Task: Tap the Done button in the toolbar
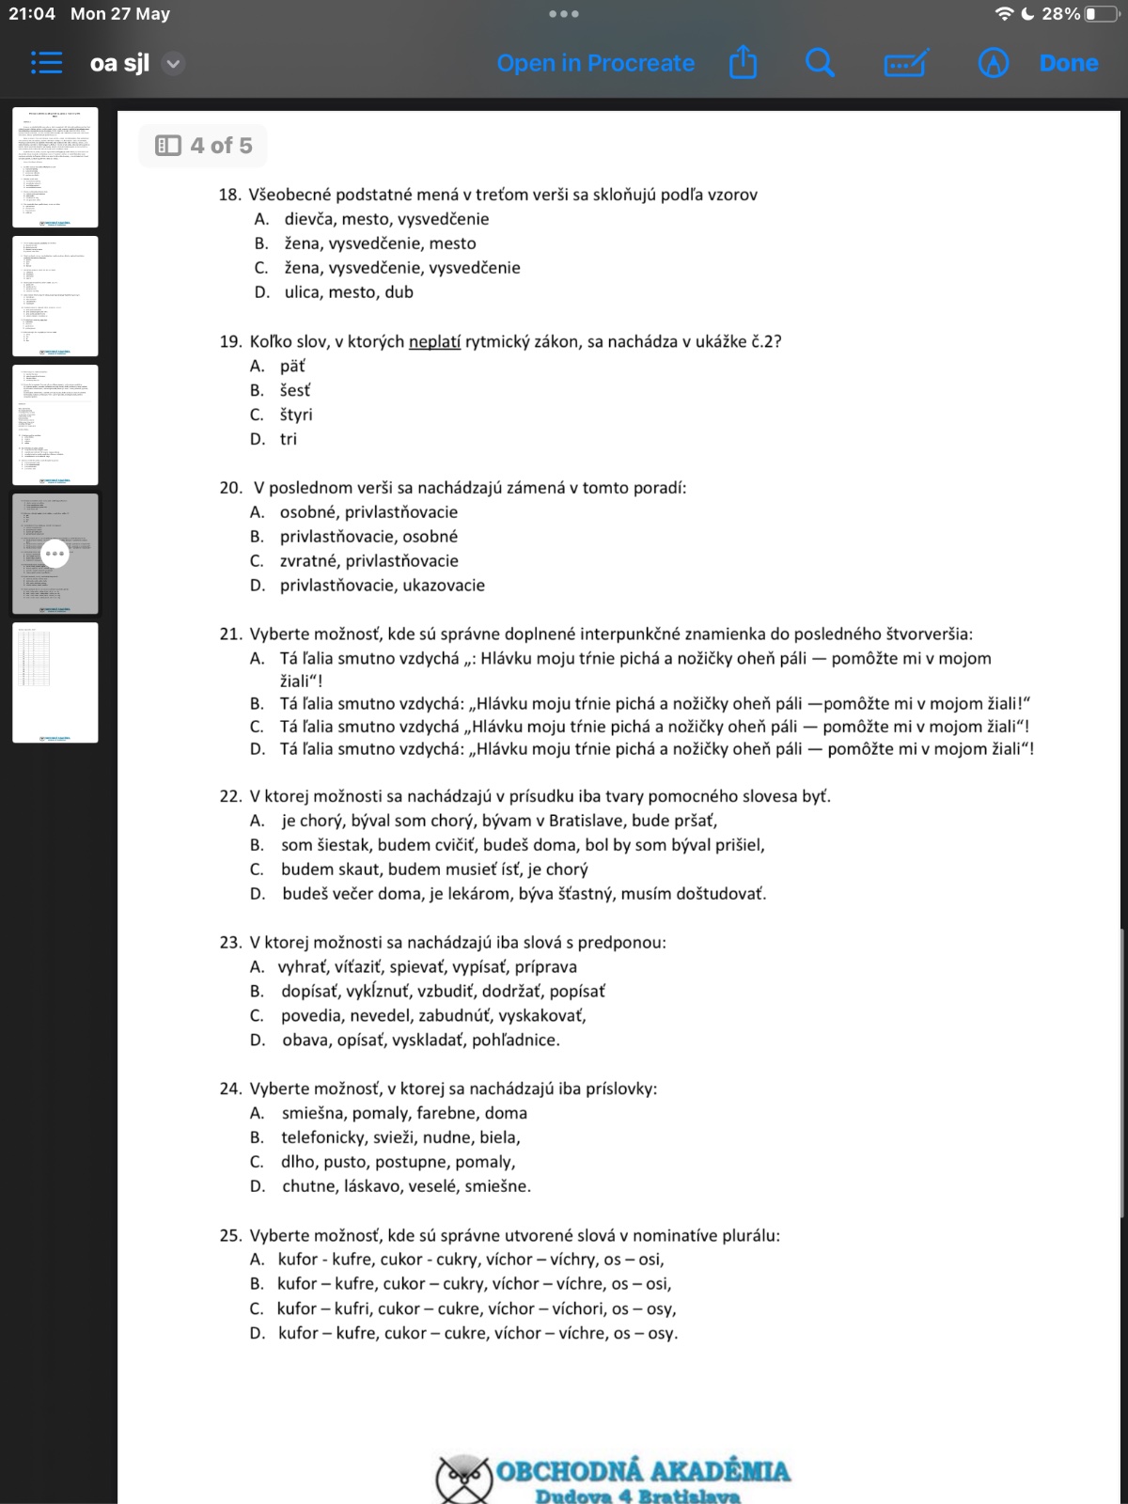1069,63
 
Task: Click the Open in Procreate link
595,63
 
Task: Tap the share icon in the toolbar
743,63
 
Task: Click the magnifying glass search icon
820,63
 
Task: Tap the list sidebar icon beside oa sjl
46,63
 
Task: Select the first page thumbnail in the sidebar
55,167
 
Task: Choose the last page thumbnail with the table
55,682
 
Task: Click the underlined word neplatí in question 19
434,341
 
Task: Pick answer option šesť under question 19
294,390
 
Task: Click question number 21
230,634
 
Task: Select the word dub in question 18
399,292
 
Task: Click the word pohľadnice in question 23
515,1041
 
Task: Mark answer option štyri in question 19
296,415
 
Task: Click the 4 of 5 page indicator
204,146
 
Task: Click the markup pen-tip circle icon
993,63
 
